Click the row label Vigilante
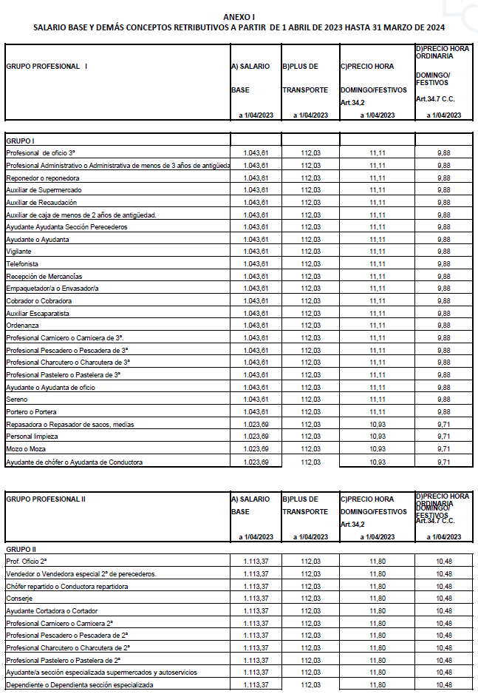[x=18, y=252]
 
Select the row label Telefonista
[x=22, y=264]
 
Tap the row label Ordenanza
[x=23, y=326]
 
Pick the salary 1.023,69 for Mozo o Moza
[x=255, y=449]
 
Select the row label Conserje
[x=19, y=598]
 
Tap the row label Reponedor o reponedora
[x=42, y=178]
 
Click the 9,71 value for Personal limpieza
[x=444, y=437]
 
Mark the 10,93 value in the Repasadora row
[x=378, y=425]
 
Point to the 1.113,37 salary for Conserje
[x=255, y=598]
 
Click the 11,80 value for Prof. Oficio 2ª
[x=378, y=562]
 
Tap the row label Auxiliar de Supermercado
[x=44, y=190]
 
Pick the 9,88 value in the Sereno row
[x=444, y=400]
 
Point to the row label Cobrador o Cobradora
[x=38, y=301]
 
